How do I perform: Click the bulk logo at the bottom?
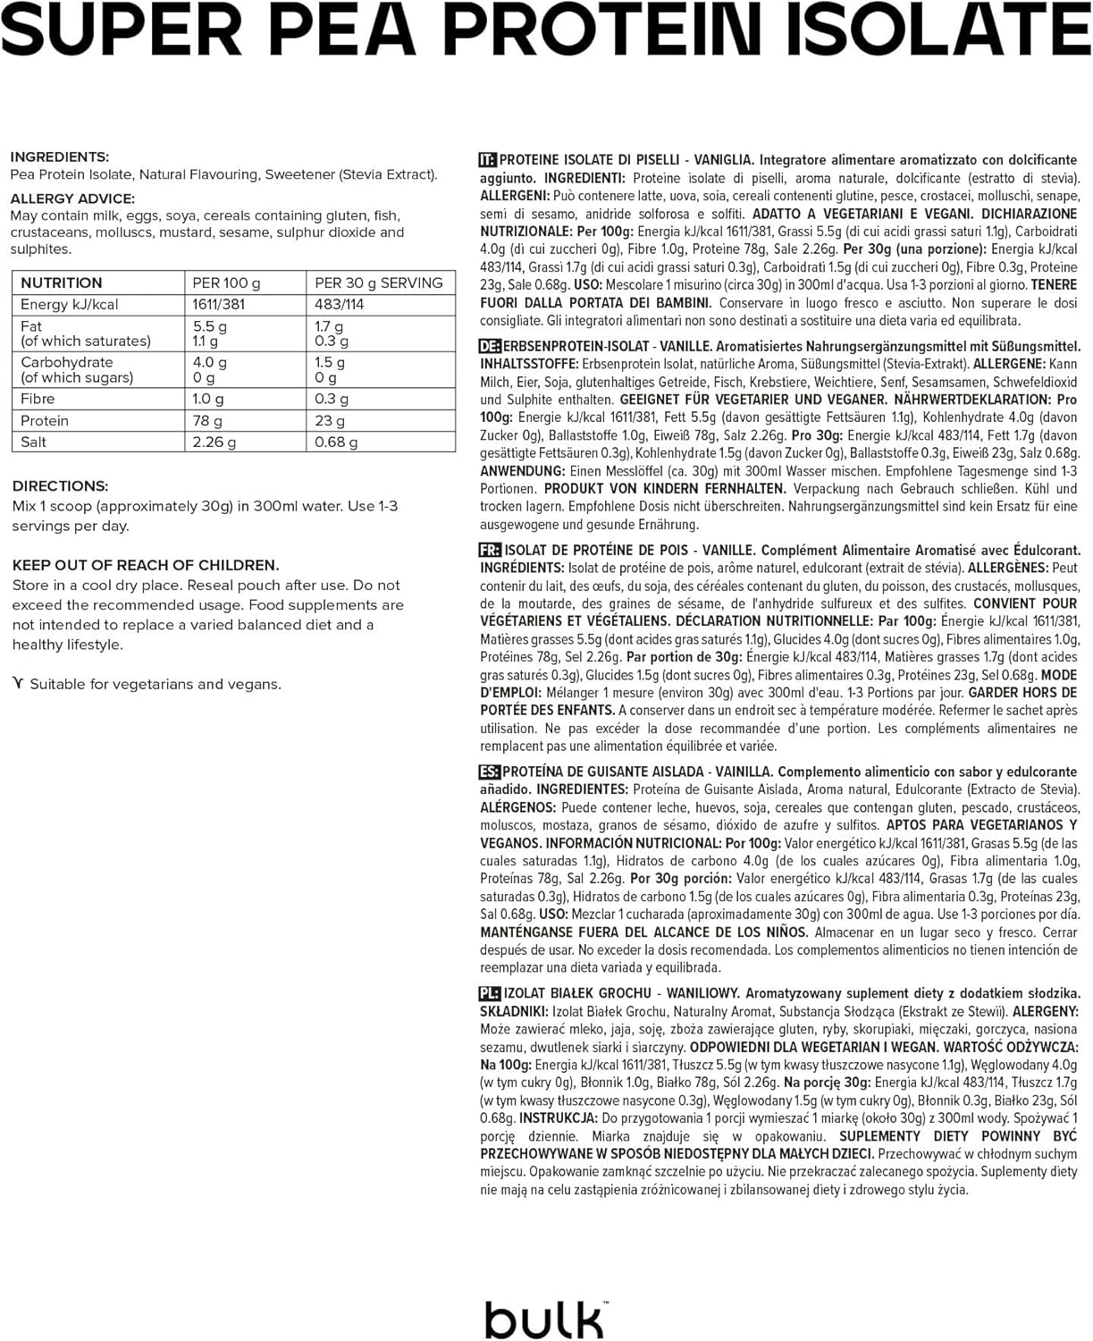(545, 1320)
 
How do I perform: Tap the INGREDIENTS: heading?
(60, 156)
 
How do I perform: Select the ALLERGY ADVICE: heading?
(72, 198)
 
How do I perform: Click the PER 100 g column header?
(226, 283)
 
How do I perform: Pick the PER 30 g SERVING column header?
(378, 283)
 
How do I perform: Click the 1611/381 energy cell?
(219, 304)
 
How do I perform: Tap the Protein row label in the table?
(45, 420)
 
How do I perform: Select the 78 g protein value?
(207, 420)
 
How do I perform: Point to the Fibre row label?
(38, 399)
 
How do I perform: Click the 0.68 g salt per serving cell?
(336, 442)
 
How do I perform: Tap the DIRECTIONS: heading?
(61, 485)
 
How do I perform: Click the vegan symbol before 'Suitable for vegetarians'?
(18, 684)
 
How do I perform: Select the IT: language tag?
(488, 160)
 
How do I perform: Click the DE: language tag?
(490, 346)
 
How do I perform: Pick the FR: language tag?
(490, 550)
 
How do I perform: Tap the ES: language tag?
(490, 772)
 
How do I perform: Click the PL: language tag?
(490, 993)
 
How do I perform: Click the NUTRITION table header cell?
(62, 283)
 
